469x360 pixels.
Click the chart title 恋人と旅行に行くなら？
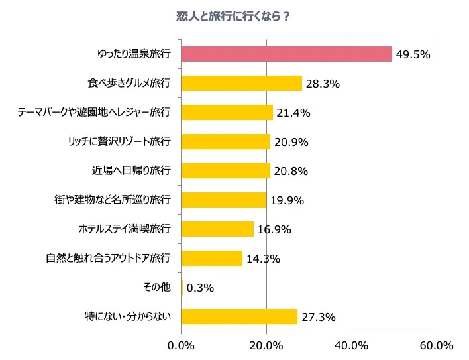[234, 17]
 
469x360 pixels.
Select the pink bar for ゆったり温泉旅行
[286, 54]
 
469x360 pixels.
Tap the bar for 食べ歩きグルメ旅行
[241, 83]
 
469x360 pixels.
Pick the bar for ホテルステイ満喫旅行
[217, 229]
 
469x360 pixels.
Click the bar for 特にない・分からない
[239, 316]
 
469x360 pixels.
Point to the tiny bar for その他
[182, 287]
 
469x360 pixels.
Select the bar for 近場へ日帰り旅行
[225, 170]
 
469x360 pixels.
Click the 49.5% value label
[413, 54]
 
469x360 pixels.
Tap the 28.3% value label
[323, 84]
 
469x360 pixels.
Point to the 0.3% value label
[200, 288]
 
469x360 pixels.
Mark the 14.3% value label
[263, 259]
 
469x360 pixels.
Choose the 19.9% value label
[287, 200]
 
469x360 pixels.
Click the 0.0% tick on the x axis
[181, 345]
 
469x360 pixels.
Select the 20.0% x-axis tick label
[266, 345]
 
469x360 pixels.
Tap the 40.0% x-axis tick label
[352, 345]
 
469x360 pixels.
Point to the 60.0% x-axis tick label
[437, 345]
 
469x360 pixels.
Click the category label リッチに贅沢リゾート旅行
[119, 141]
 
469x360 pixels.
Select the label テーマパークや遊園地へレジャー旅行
[94, 112]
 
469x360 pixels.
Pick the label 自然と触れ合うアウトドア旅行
[108, 258]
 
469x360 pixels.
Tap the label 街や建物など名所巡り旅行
[112, 200]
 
